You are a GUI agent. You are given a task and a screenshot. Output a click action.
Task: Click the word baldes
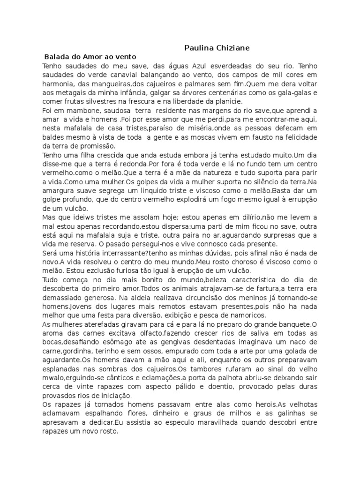(x=54, y=137)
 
